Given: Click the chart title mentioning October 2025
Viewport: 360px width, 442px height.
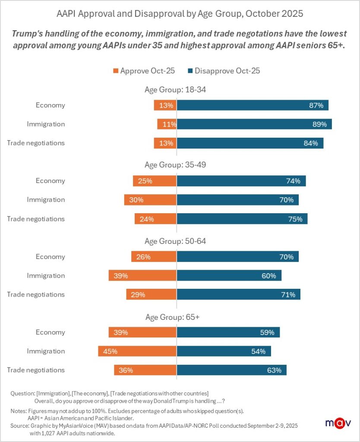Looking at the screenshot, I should click(180, 14).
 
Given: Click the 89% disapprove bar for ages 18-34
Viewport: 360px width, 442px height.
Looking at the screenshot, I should click(254, 124).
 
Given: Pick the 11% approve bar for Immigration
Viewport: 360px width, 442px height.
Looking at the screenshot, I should click(167, 124).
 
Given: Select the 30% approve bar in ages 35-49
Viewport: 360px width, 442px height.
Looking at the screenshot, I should click(150, 200).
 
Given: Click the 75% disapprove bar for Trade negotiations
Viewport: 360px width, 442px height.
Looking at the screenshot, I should click(242, 219).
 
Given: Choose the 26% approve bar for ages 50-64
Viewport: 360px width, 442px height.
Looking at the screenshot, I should click(154, 257).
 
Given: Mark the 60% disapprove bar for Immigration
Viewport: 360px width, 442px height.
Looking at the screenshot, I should click(229, 275).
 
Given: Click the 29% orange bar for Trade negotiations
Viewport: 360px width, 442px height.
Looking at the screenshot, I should click(151, 294).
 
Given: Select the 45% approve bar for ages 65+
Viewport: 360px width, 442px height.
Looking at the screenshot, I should click(137, 351).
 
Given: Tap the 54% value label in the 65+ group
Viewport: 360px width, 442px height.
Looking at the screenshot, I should click(258, 351).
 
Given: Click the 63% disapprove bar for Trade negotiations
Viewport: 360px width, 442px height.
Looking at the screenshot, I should click(231, 370).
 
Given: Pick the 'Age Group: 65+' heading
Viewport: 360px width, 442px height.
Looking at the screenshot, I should click(172, 317).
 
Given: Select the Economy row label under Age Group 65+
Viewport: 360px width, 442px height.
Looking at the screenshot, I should click(50, 332).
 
